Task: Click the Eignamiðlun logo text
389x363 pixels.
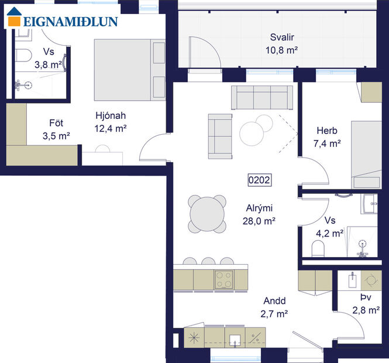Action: (x=70, y=22)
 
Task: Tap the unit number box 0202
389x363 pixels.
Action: (x=259, y=180)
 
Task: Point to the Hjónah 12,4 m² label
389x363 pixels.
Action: (x=111, y=121)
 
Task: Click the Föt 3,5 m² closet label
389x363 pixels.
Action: (x=56, y=129)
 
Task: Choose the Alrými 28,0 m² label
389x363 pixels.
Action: (x=259, y=214)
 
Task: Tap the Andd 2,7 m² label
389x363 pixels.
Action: (x=273, y=307)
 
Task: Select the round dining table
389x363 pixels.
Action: (x=207, y=214)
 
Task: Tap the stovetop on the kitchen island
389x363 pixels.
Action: (x=223, y=279)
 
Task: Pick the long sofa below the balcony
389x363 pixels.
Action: (x=262, y=97)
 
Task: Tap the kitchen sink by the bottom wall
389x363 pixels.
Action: (x=236, y=338)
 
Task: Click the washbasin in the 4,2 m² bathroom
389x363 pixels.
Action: (x=371, y=204)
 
